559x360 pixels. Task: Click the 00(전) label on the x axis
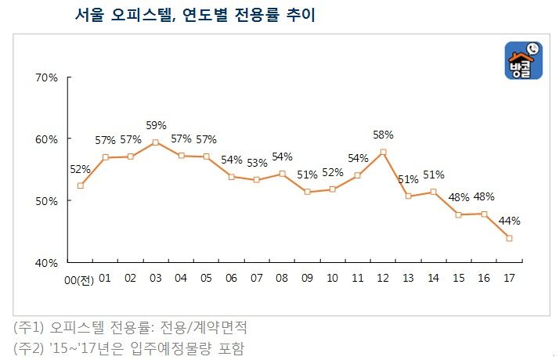[x=79, y=279]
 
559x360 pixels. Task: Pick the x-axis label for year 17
[x=509, y=278]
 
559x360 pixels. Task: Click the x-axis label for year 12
[x=383, y=278]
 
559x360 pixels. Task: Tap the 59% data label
[x=156, y=125]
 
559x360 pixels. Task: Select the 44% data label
[x=510, y=221]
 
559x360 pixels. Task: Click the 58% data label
[x=383, y=135]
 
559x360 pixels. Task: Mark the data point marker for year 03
[x=156, y=142]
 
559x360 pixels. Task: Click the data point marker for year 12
[x=383, y=152]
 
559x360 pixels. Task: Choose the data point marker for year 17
[x=509, y=238]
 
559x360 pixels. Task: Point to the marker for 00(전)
[x=80, y=185]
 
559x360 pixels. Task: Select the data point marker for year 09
[x=307, y=192]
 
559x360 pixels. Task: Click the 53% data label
[x=257, y=163]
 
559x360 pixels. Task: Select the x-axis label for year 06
[x=231, y=278]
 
